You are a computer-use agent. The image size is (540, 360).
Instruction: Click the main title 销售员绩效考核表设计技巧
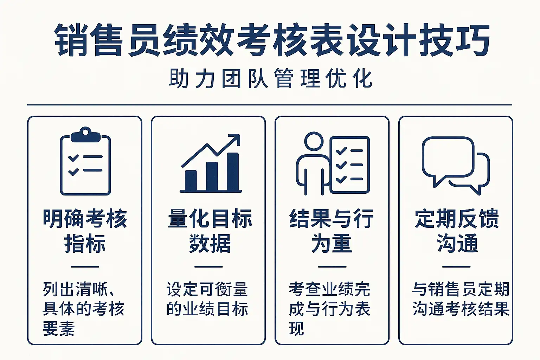[272, 40]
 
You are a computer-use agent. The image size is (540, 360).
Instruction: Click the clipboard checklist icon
[85, 161]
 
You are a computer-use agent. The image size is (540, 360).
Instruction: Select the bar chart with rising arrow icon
[211, 163]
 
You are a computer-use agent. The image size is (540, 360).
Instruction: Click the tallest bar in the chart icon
[233, 172]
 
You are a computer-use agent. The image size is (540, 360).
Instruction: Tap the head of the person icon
[314, 141]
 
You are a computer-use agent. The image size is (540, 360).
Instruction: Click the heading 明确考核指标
[85, 231]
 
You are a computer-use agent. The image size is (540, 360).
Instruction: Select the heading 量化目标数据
[210, 231]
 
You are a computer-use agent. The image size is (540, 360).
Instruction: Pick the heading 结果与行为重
[332, 231]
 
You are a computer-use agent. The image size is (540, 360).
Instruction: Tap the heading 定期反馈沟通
[457, 231]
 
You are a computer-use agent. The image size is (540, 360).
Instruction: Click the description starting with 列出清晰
[83, 309]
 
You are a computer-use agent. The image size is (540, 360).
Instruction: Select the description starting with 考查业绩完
[329, 309]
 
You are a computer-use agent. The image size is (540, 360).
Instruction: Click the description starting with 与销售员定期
[461, 299]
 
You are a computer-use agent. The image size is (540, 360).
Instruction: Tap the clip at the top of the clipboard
[85, 135]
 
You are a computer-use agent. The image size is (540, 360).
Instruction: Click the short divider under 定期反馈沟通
[456, 267]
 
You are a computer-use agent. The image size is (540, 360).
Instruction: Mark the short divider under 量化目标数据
[208, 267]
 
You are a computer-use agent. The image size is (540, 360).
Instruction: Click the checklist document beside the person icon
[350, 165]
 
